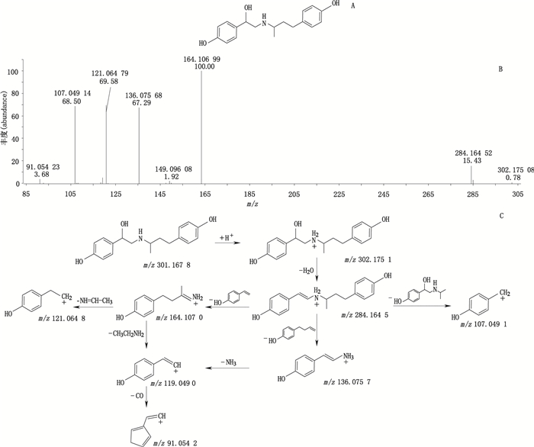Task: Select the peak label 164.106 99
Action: pyautogui.click(x=201, y=56)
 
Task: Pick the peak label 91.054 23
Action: pyautogui.click(x=43, y=166)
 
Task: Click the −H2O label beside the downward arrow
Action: pyautogui.click(x=303, y=269)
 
